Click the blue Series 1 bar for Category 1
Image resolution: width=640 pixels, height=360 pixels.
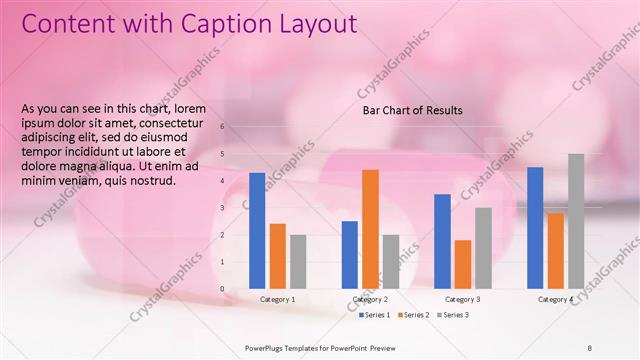257,231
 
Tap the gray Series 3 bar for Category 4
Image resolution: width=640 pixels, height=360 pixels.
576,221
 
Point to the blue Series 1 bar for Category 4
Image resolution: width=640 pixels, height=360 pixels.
535,228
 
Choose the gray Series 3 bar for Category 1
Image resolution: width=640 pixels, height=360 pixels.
298,262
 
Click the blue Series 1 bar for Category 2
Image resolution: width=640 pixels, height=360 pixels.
349,255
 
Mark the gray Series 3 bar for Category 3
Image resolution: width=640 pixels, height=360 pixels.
483,248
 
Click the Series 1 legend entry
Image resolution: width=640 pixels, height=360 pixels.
374,315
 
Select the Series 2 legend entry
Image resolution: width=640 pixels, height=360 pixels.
413,315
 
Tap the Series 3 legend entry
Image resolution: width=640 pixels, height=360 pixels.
452,315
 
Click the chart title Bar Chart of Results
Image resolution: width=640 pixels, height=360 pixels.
412,110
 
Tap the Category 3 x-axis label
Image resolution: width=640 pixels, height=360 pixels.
463,299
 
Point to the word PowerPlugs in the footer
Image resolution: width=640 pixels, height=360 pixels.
265,347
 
